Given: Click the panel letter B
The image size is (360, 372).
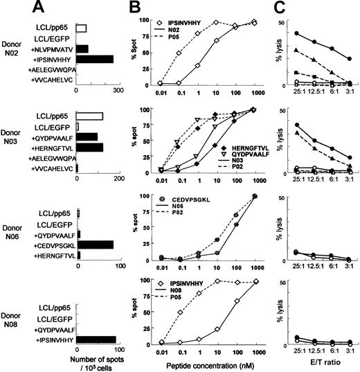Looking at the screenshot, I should click(x=139, y=9).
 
